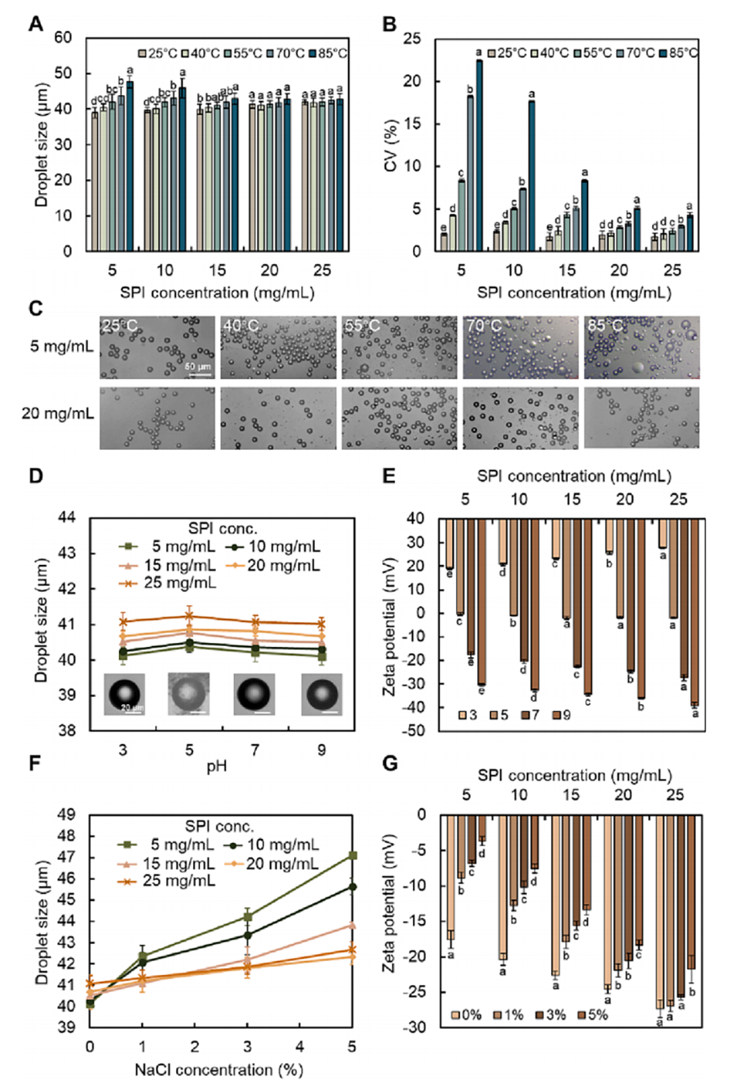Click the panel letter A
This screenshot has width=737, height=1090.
[x=35, y=24]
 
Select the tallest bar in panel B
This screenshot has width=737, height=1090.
[x=478, y=154]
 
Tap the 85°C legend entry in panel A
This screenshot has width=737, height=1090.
[x=327, y=53]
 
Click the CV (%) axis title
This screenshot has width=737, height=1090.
[x=391, y=147]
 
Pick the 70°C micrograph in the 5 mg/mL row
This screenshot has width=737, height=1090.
[x=520, y=347]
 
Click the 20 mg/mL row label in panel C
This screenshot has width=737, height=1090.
[x=58, y=414]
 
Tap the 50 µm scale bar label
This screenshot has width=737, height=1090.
[x=198, y=366]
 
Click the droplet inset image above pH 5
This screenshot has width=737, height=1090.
[x=190, y=693]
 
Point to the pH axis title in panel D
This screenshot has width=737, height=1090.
[x=217, y=767]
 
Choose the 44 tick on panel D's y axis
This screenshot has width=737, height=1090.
[x=67, y=517]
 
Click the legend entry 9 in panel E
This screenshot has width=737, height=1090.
[x=561, y=715]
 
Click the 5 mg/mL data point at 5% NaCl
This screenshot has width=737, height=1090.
[x=353, y=855]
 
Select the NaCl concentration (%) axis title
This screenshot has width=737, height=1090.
[x=218, y=1070]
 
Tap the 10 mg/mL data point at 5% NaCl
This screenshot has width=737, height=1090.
[x=353, y=887]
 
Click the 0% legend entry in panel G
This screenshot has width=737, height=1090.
[x=465, y=1014]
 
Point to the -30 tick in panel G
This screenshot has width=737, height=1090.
[x=416, y=1027]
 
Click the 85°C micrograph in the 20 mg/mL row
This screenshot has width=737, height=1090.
[x=641, y=418]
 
